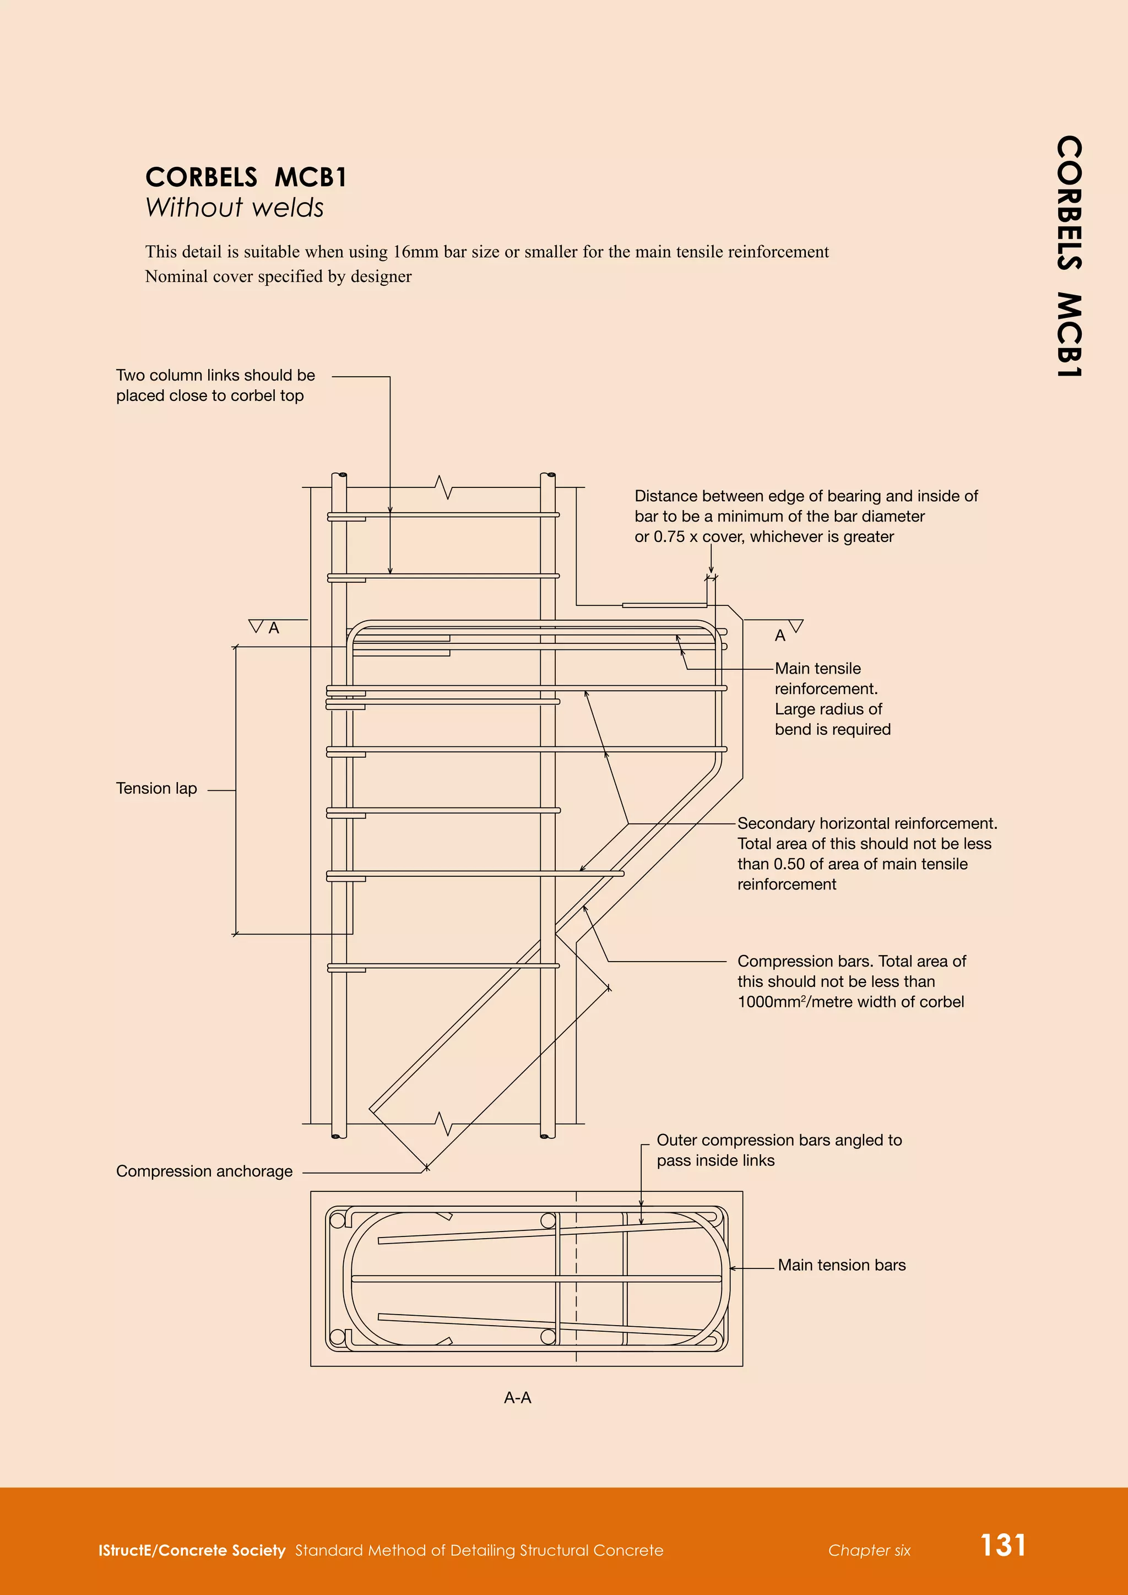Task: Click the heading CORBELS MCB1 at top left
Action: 245,177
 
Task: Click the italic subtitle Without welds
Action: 234,208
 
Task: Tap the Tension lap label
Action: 156,789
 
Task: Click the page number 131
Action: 1002,1545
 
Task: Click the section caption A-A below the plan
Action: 518,1398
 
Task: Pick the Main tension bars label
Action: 841,1265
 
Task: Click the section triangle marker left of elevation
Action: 256,627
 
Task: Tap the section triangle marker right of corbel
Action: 796,626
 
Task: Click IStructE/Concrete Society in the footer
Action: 192,1550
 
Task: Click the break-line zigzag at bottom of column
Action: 444,1124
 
